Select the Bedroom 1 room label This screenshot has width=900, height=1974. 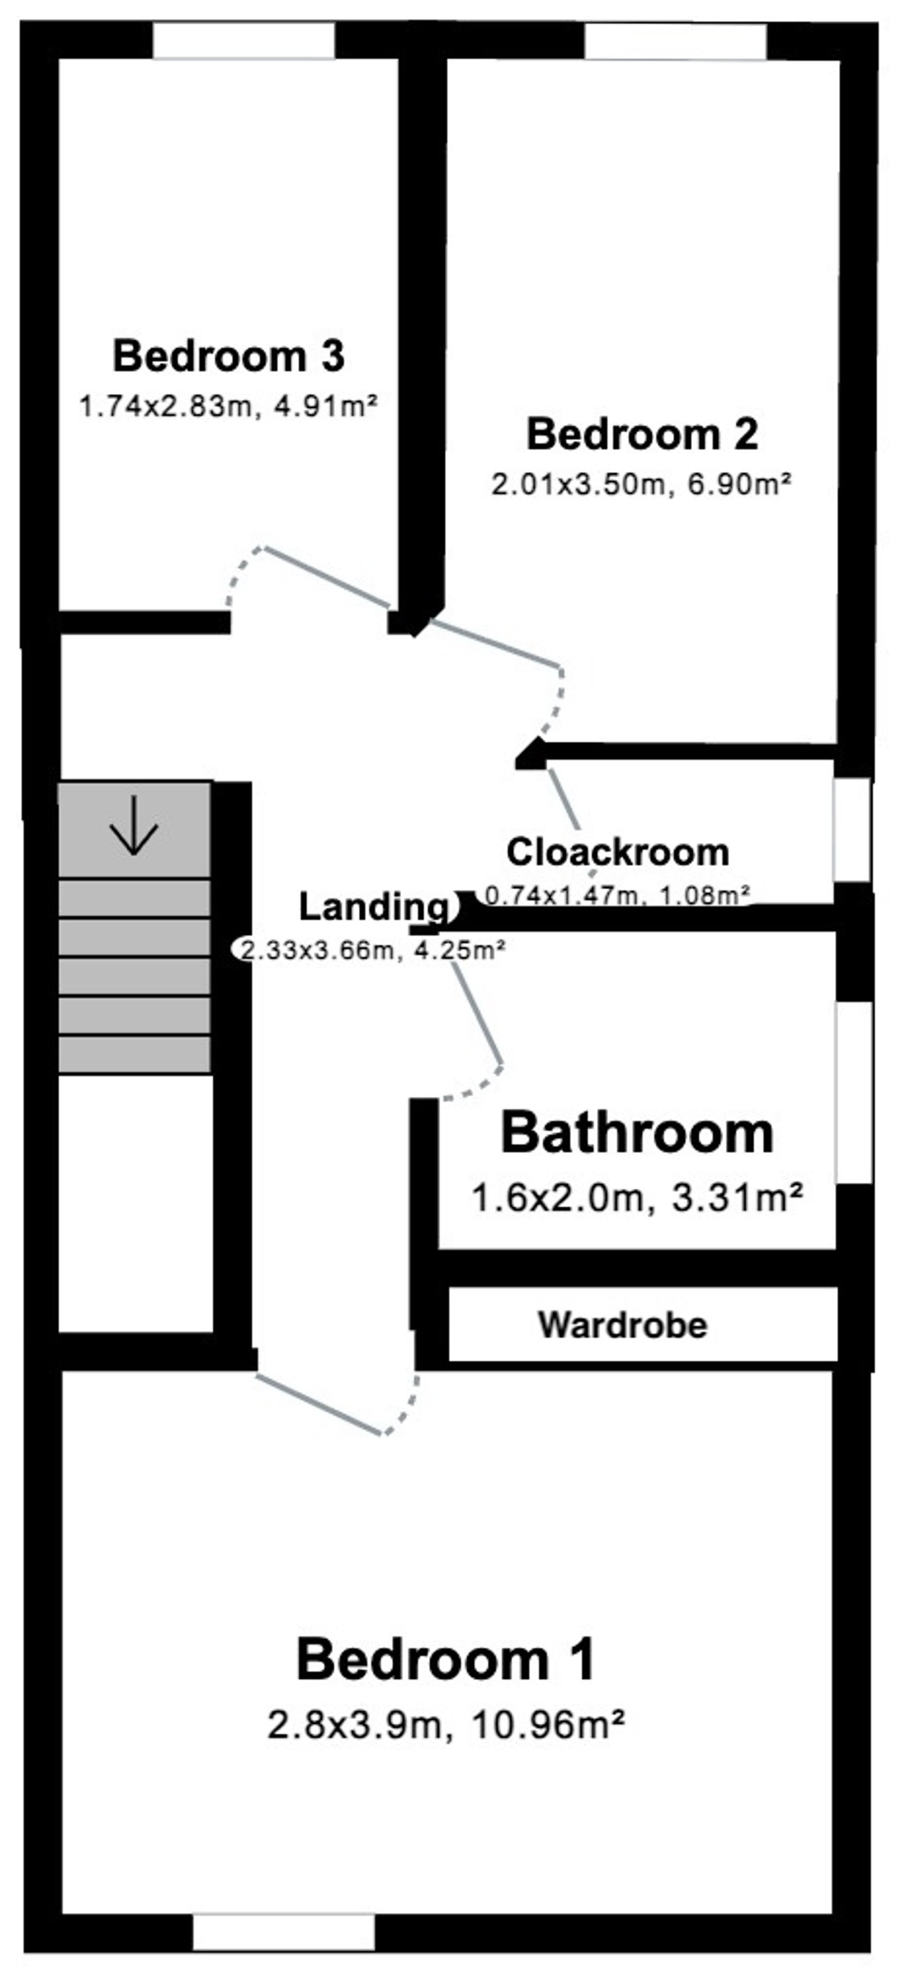(446, 1660)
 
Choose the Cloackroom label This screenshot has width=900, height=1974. (617, 852)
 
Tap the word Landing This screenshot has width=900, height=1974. (373, 909)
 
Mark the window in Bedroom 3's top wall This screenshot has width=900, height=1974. (243, 41)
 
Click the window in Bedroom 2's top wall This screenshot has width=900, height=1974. (675, 41)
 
